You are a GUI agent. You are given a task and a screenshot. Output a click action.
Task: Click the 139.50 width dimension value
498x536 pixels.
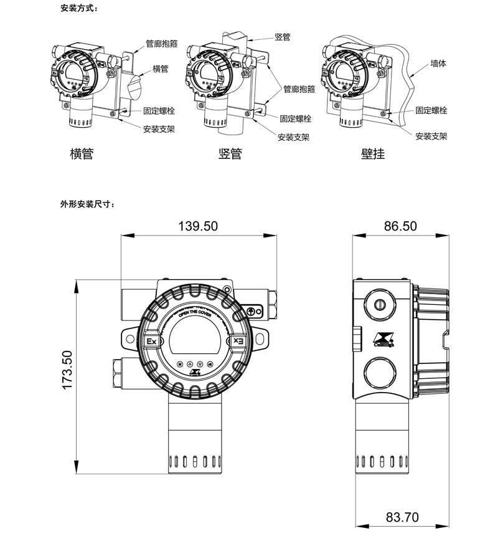[199, 226]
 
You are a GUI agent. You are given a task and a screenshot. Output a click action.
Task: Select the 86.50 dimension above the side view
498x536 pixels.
[400, 226]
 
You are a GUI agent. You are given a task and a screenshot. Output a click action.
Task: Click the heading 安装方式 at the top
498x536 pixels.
[79, 9]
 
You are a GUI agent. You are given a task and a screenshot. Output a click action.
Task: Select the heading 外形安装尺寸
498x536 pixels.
[87, 204]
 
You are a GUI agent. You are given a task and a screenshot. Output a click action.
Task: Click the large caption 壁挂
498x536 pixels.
[373, 153]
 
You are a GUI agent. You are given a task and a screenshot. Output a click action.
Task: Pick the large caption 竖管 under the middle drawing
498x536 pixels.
[230, 153]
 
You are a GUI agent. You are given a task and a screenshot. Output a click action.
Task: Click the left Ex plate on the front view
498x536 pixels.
[152, 342]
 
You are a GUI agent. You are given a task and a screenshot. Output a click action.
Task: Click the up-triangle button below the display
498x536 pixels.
[189, 365]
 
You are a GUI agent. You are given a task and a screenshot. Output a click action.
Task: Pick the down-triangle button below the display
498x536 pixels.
[200, 365]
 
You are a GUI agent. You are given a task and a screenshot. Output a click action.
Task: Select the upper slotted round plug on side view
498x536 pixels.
[380, 304]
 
